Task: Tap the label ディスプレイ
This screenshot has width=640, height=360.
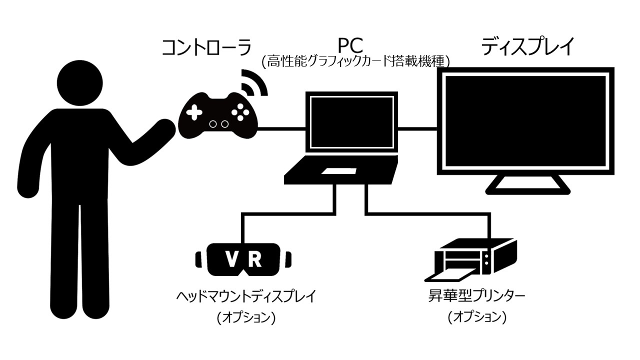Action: pyautogui.click(x=528, y=47)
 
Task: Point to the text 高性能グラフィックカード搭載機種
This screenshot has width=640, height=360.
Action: pyautogui.click(x=356, y=62)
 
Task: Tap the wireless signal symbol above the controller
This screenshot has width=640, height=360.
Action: pyautogui.click(x=254, y=82)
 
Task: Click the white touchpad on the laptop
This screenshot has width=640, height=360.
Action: pyautogui.click(x=338, y=171)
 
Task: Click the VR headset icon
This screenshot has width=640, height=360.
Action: pyautogui.click(x=243, y=259)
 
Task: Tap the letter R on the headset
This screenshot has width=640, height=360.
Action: pyautogui.click(x=254, y=258)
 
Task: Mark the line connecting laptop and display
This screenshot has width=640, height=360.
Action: pyautogui.click(x=417, y=128)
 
